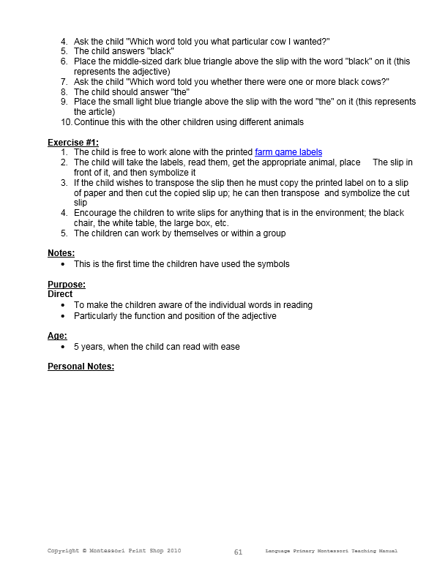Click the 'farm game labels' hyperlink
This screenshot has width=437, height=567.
coord(288,152)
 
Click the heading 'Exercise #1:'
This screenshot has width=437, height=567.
coord(72,142)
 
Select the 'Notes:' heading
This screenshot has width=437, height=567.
coord(61,253)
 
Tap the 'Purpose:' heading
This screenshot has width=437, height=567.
coord(67,284)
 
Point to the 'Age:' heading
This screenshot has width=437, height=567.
coord(57,336)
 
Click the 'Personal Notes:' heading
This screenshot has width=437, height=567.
coord(81,367)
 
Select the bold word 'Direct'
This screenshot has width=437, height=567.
coord(60,294)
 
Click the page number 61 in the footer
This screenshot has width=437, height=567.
coord(238,552)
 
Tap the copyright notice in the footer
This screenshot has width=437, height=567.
coord(114,550)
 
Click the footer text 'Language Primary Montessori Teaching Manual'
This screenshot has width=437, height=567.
coord(332,550)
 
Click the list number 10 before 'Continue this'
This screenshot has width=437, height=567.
coord(66,122)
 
